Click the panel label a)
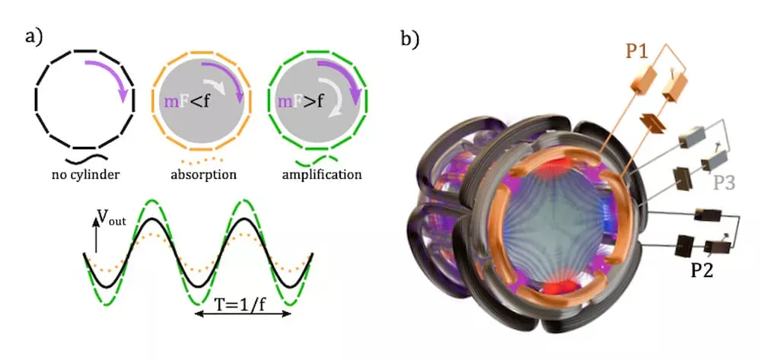pos(34,37)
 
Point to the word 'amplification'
pos(321,174)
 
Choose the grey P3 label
pos(724,183)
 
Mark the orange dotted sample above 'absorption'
pos(202,159)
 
